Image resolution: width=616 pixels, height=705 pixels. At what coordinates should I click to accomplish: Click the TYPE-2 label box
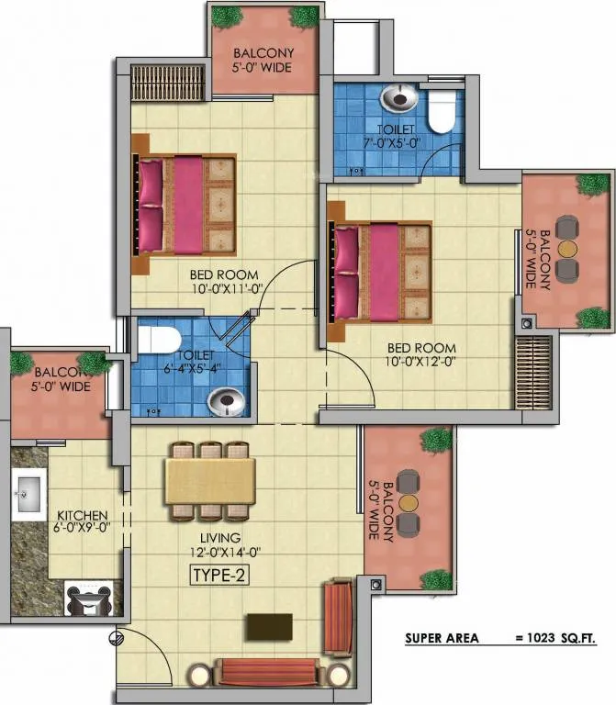[x=220, y=575]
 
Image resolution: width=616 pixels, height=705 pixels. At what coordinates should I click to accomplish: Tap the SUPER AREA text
[x=442, y=638]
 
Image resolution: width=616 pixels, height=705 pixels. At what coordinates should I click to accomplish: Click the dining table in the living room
[x=210, y=481]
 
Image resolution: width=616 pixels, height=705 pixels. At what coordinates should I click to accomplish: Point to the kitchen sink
[x=28, y=494]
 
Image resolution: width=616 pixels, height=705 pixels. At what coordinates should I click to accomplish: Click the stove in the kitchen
[x=88, y=598]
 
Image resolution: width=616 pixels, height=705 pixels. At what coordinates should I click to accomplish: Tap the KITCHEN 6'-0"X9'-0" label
[x=82, y=521]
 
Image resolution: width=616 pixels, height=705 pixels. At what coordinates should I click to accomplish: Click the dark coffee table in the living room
[x=269, y=626]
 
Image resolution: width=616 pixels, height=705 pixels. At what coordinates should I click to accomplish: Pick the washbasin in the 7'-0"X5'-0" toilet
[x=399, y=97]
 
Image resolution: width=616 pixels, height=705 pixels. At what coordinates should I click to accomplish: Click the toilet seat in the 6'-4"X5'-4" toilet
[x=158, y=340]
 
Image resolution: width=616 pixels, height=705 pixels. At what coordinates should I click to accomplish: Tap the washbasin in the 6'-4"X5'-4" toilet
[x=227, y=401]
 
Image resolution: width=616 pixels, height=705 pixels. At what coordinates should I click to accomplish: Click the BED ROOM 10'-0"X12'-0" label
[x=420, y=354]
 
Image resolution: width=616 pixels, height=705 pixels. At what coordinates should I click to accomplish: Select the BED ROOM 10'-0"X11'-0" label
[x=225, y=282]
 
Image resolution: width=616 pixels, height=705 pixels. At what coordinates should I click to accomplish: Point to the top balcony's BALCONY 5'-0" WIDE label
[x=263, y=61]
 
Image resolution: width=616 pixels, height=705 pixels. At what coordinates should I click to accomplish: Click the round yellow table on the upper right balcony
[x=567, y=249]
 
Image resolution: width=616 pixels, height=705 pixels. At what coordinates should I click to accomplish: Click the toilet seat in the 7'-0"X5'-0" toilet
[x=441, y=111]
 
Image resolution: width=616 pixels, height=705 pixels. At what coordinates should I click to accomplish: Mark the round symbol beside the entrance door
[x=116, y=638]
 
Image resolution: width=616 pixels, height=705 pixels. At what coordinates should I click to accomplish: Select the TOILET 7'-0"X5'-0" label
[x=392, y=136]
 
